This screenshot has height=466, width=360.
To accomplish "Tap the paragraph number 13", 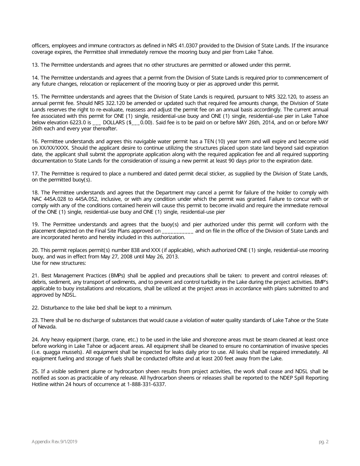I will pos(35,65).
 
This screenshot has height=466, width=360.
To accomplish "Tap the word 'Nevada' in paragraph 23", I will pos(41,327).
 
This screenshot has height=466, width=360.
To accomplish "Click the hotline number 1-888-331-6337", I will pos(146,384).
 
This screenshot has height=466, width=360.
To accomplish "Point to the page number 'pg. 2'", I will pos(323,442).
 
